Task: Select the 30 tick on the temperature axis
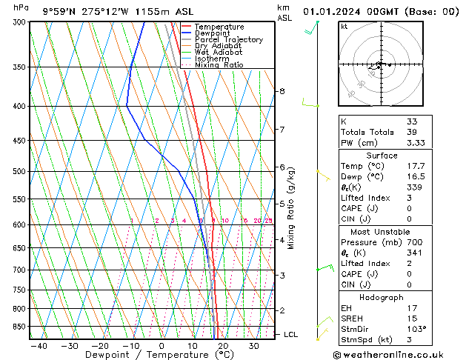[x=253, y=346]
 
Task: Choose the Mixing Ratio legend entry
[x=219, y=65]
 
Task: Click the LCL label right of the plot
[x=292, y=335]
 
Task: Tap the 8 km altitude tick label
[x=282, y=91]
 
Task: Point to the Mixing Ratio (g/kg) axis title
[x=291, y=208]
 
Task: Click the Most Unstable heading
[x=381, y=231]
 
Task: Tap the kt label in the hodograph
[x=344, y=27]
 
